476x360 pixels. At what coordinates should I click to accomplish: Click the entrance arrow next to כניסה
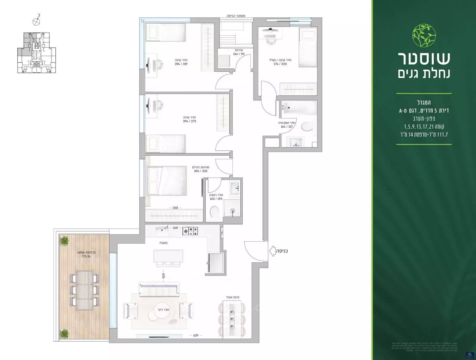point(272,251)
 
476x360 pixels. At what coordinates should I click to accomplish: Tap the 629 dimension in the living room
point(196,335)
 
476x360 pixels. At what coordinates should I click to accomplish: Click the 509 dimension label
point(163,276)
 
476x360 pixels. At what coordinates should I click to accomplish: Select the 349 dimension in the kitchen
point(175,228)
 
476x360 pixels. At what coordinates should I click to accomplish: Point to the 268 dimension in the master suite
point(175,208)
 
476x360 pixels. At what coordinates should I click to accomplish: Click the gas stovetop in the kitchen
point(190,231)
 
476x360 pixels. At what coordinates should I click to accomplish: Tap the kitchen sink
point(162,230)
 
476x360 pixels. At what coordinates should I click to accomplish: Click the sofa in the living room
point(159,289)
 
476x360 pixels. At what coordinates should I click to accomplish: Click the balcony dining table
point(84,290)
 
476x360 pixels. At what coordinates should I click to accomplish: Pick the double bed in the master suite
point(167,181)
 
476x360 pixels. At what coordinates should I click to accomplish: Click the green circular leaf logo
point(424,36)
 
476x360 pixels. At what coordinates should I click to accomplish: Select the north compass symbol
point(36,21)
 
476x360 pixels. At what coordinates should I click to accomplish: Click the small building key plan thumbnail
point(36,53)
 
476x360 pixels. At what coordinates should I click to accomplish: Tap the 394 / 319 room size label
point(181,64)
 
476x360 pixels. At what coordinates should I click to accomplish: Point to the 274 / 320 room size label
point(280,64)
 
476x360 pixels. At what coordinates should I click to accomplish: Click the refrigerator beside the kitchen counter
point(216,263)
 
